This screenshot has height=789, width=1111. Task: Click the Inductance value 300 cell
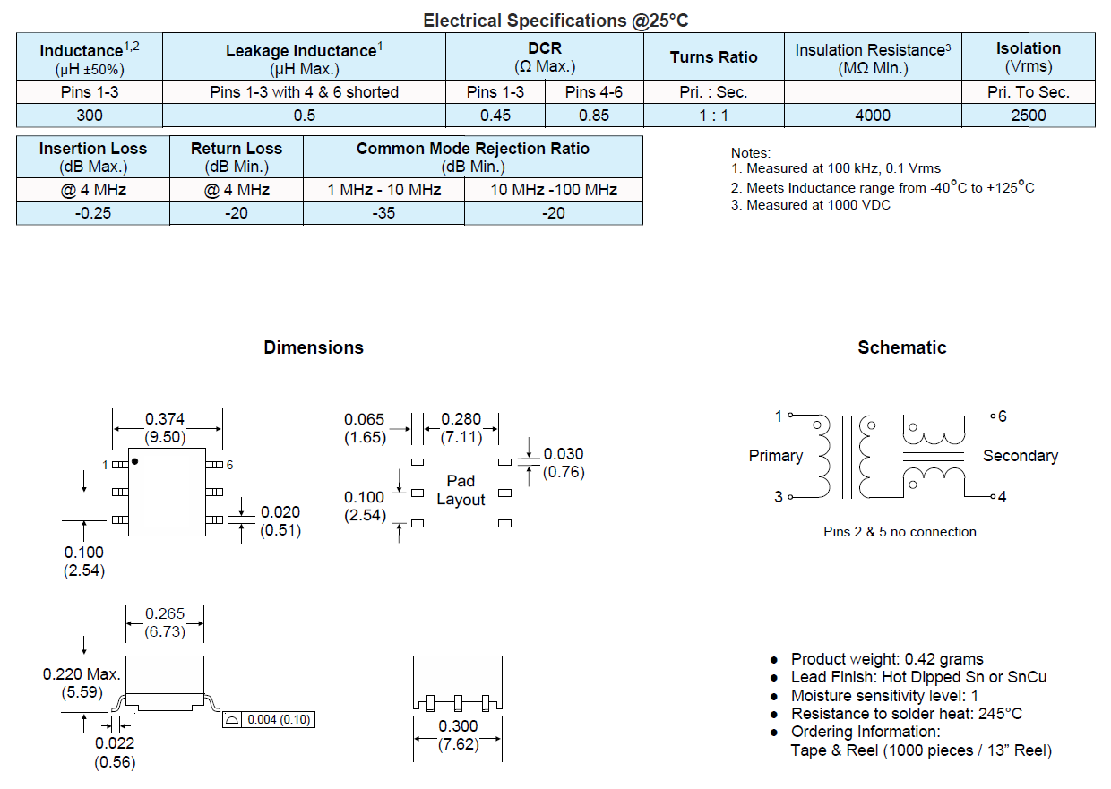pyautogui.click(x=90, y=115)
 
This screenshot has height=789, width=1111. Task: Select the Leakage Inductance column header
pyautogui.click(x=304, y=58)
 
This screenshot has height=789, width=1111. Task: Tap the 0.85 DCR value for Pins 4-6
pyautogui.click(x=594, y=115)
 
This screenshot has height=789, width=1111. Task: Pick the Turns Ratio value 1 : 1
pyautogui.click(x=713, y=115)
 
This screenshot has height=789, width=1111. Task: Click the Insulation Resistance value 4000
pyautogui.click(x=873, y=115)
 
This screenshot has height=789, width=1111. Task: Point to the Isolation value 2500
pyautogui.click(x=1028, y=115)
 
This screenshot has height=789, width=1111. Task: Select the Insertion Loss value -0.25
pyautogui.click(x=92, y=213)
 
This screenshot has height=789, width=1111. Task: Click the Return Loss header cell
pyautogui.click(x=236, y=157)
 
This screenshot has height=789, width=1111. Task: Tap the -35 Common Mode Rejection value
pyautogui.click(x=383, y=213)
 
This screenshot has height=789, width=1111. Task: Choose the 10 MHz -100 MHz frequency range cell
pyautogui.click(x=554, y=190)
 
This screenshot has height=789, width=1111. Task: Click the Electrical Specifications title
pyautogui.click(x=555, y=21)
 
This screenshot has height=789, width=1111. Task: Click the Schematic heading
pyautogui.click(x=901, y=347)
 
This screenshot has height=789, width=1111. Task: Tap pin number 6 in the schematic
pyautogui.click(x=1002, y=416)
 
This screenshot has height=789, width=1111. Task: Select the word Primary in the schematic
pyautogui.click(x=775, y=456)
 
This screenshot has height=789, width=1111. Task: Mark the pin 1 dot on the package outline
pyautogui.click(x=135, y=461)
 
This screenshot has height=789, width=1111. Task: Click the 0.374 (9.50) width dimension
pyautogui.click(x=167, y=428)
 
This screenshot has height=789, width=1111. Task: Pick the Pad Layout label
pyautogui.click(x=461, y=491)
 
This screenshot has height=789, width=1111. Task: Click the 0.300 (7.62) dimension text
pyautogui.click(x=458, y=734)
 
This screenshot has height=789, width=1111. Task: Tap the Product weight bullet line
pyautogui.click(x=886, y=659)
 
